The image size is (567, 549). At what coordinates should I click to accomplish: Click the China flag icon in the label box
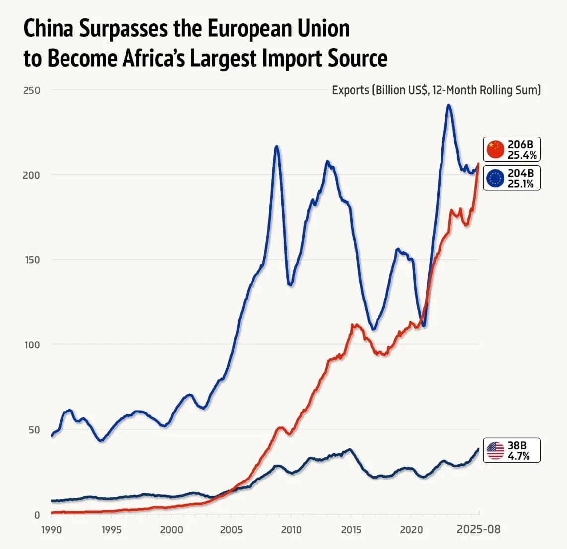tap(495, 149)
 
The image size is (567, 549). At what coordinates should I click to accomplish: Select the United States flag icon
tap(495, 451)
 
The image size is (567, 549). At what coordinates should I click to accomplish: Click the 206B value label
tap(520, 145)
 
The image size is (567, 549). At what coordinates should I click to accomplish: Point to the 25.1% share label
tap(521, 184)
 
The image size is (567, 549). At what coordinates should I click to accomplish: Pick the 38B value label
tap(517, 446)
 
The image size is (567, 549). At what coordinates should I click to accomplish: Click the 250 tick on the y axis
tap(31, 90)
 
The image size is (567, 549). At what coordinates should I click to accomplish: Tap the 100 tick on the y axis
tap(31, 344)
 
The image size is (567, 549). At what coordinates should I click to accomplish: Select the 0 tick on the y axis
tap(36, 515)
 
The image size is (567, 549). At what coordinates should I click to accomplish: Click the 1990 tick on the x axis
tap(51, 530)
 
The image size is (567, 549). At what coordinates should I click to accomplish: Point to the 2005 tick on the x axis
tap(231, 530)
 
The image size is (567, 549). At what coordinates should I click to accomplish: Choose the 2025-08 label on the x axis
tap(479, 529)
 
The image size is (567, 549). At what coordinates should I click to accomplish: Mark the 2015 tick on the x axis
tap(351, 530)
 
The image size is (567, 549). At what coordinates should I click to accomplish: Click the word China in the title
tap(48, 29)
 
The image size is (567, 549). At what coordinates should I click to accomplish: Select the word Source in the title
tap(358, 58)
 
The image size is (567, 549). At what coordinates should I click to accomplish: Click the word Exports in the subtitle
tap(350, 90)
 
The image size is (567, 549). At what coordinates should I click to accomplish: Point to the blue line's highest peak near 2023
tap(448, 105)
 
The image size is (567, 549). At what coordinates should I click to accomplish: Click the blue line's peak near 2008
tap(276, 146)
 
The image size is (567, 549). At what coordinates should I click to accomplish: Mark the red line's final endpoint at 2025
tap(478, 163)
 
